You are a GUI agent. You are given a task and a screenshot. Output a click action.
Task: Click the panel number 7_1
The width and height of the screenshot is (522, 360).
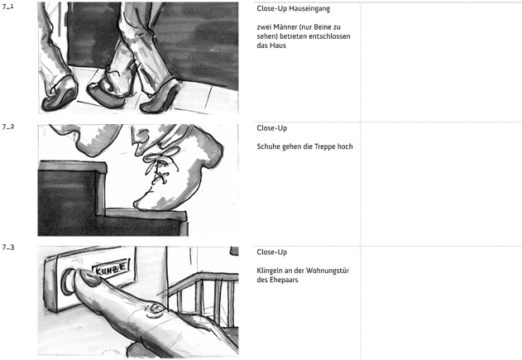(x=8, y=7)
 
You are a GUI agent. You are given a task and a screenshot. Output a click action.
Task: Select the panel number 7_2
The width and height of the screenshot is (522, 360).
(x=8, y=127)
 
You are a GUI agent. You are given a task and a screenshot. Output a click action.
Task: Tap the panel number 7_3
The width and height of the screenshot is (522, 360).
(x=8, y=247)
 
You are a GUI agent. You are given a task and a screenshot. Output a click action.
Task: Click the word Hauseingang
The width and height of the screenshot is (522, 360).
(x=309, y=9)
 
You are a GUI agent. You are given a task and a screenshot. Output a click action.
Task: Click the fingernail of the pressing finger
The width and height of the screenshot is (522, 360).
(x=89, y=277)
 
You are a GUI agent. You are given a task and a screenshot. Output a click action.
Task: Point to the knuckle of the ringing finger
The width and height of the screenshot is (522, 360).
(x=156, y=309)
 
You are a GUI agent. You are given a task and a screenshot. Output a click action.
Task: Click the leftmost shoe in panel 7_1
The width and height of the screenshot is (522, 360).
(x=60, y=94)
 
